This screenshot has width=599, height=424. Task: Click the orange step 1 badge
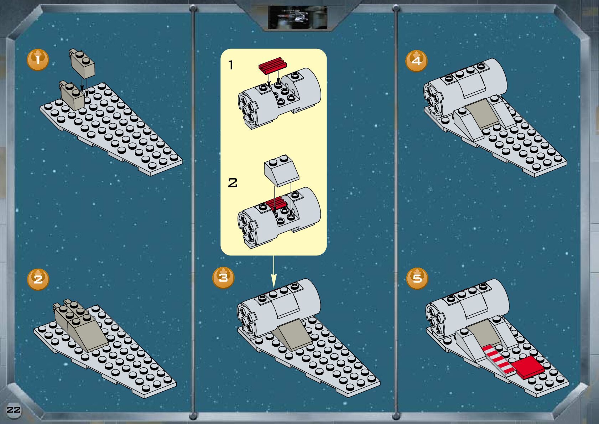click(x=38, y=60)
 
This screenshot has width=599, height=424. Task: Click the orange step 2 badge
click(x=38, y=279)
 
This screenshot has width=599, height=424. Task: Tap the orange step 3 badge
click(x=223, y=278)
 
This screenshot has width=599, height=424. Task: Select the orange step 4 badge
click(x=416, y=61)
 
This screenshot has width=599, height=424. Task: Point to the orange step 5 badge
click(x=417, y=279)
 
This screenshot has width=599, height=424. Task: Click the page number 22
click(x=14, y=410)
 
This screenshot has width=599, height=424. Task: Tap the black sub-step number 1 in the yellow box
click(x=231, y=65)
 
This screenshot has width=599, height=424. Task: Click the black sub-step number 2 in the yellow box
click(x=233, y=183)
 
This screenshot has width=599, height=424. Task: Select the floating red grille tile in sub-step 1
click(x=272, y=65)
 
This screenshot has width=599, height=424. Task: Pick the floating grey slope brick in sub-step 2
click(x=282, y=170)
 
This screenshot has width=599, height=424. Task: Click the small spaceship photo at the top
click(x=298, y=18)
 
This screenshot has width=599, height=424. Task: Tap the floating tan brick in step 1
click(x=82, y=63)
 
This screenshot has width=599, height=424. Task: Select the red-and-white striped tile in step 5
click(x=499, y=359)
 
